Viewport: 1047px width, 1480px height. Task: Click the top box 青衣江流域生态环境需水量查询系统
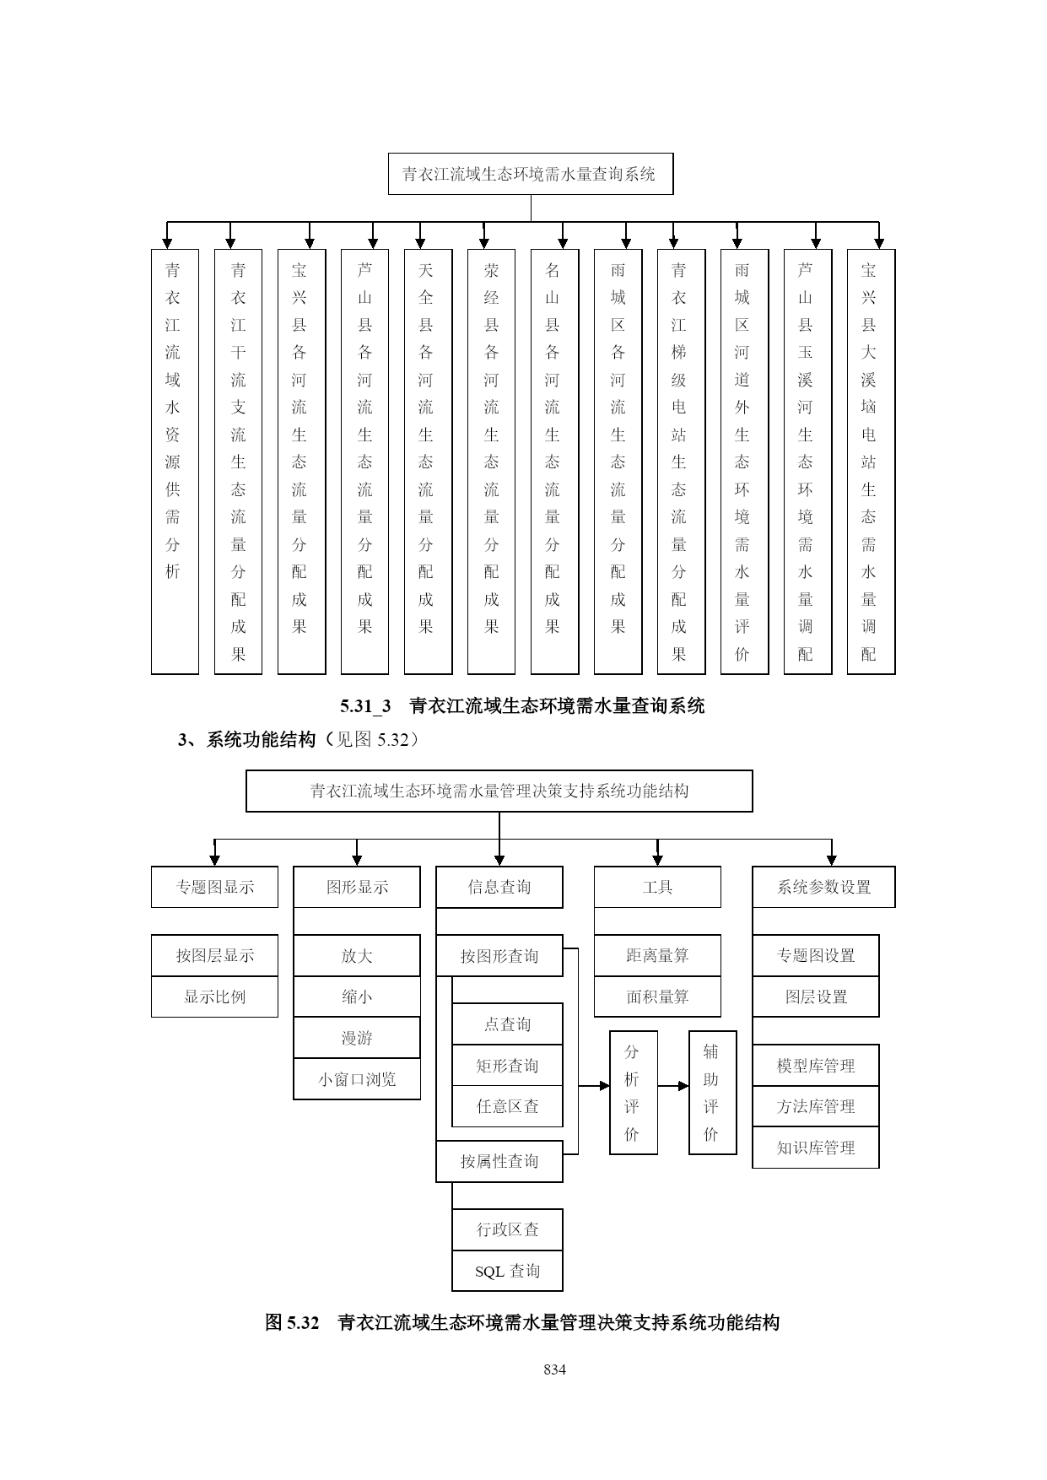pos(531,174)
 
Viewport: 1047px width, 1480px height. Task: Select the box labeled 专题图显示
pos(214,887)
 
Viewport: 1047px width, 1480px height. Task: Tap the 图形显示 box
pos(357,887)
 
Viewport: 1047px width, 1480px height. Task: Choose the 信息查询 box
pos(499,887)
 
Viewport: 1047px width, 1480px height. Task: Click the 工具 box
pos(657,887)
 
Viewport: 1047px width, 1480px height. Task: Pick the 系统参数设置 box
pos(823,887)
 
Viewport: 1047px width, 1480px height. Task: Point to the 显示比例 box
pos(214,997)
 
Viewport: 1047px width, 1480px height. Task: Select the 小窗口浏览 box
pos(357,1079)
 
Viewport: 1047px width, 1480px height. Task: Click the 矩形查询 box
pos(507,1066)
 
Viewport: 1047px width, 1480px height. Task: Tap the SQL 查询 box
pos(507,1271)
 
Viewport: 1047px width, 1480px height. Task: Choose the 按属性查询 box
pos(499,1161)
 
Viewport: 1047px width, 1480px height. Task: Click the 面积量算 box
pos(657,997)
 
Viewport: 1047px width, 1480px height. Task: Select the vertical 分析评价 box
pos(634,1093)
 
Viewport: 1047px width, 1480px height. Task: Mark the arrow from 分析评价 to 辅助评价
pos(673,1086)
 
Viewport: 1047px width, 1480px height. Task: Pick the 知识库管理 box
pos(815,1148)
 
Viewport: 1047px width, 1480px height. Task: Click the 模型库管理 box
pos(815,1066)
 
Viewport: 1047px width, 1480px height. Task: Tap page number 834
pos(554,1369)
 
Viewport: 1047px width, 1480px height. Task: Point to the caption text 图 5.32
pos(292,1322)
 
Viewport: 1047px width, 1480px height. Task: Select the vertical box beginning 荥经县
pos(491,462)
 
